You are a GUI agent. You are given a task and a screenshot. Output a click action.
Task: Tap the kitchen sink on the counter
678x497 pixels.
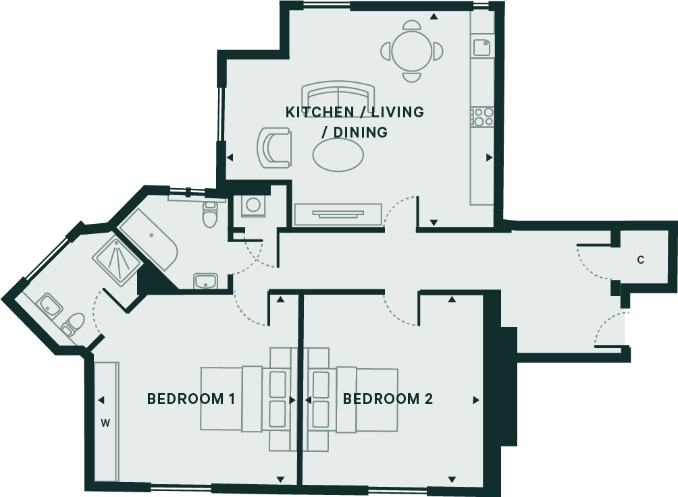481,48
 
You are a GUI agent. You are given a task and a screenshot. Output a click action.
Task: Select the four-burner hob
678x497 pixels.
482,117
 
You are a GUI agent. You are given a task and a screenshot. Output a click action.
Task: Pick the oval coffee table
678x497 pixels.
338,156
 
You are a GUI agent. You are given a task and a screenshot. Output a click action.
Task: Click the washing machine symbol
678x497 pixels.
254,205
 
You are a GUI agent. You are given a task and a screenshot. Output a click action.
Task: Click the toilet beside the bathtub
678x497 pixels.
211,214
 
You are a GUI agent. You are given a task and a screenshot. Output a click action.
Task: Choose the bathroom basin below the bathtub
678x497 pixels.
205,281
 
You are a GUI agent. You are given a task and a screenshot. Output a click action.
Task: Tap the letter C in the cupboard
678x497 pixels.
641,260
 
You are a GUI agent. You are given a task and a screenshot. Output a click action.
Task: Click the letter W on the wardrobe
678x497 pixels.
105,423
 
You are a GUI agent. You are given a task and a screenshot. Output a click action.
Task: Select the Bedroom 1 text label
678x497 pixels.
191,399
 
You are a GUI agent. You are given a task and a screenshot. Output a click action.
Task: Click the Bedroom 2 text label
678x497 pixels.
388,399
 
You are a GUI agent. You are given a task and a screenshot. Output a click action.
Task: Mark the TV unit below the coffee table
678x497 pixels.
338,214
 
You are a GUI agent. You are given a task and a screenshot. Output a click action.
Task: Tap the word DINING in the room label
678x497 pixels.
363,132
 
